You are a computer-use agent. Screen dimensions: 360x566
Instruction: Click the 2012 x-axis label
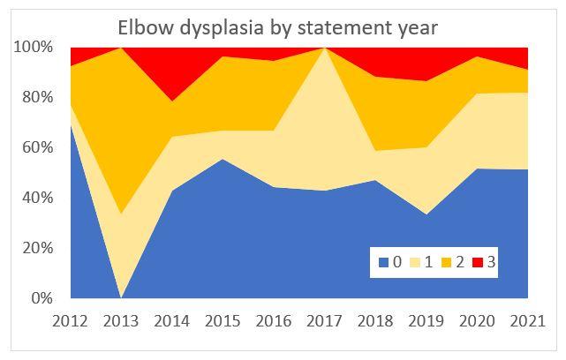(72, 319)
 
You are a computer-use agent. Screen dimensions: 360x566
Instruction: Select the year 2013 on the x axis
(122, 319)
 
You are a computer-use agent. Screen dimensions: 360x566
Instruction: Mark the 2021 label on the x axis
(527, 319)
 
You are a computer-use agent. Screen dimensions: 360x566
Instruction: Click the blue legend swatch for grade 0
(382, 262)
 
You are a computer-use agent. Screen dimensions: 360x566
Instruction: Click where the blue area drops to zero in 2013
(122, 296)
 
